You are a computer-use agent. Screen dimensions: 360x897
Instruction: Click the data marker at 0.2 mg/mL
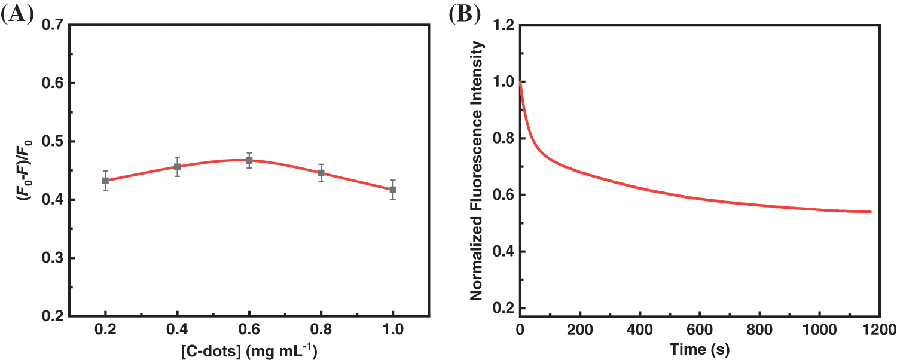pyautogui.click(x=106, y=181)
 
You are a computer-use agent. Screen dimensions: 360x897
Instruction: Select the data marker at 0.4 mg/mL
pyautogui.click(x=178, y=167)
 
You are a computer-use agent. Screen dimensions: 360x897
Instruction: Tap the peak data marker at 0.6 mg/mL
pyautogui.click(x=249, y=160)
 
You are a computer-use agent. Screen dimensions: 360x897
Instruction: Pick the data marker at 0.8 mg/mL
pyautogui.click(x=321, y=173)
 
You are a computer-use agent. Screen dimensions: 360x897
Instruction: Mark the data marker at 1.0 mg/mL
pyautogui.click(x=393, y=190)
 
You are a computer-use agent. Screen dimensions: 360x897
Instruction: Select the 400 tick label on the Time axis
pyautogui.click(x=640, y=329)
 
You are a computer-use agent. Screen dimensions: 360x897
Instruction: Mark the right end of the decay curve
pyautogui.click(x=871, y=212)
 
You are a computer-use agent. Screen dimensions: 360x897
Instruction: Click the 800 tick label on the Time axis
pyautogui.click(x=759, y=329)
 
